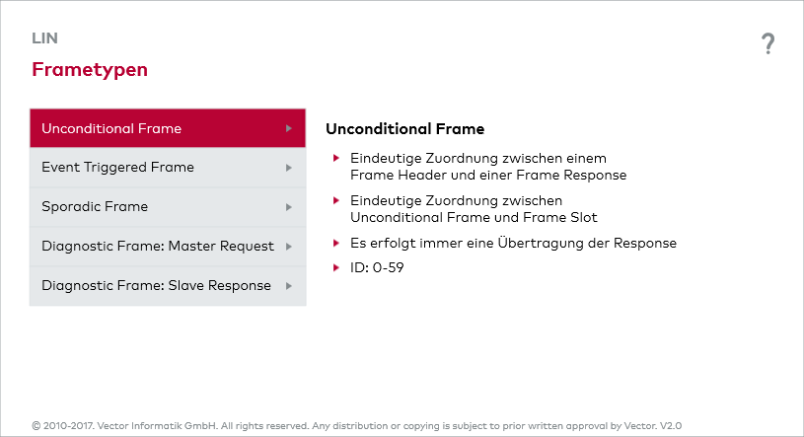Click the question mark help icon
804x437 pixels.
[767, 43]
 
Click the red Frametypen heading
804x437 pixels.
[90, 70]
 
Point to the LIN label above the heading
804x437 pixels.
[45, 38]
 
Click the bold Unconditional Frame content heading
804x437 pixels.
[404, 129]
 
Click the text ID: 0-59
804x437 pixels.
[377, 267]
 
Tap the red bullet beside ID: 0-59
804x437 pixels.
[336, 267]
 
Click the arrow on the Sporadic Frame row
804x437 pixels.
[289, 207]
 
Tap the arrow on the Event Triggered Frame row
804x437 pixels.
[289, 168]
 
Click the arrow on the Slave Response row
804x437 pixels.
[289, 286]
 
